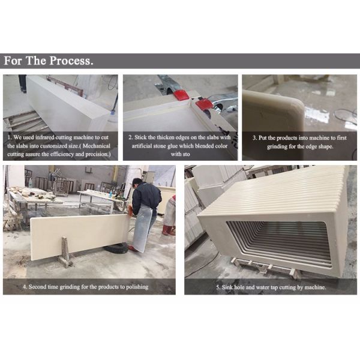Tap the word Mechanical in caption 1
(x=97, y=146)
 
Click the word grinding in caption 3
(x=277, y=146)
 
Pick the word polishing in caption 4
(x=137, y=287)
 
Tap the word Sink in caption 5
(x=227, y=287)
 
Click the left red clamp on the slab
(x=182, y=95)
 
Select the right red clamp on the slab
(x=204, y=104)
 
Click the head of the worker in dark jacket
(x=137, y=183)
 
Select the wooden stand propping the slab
(x=65, y=252)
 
